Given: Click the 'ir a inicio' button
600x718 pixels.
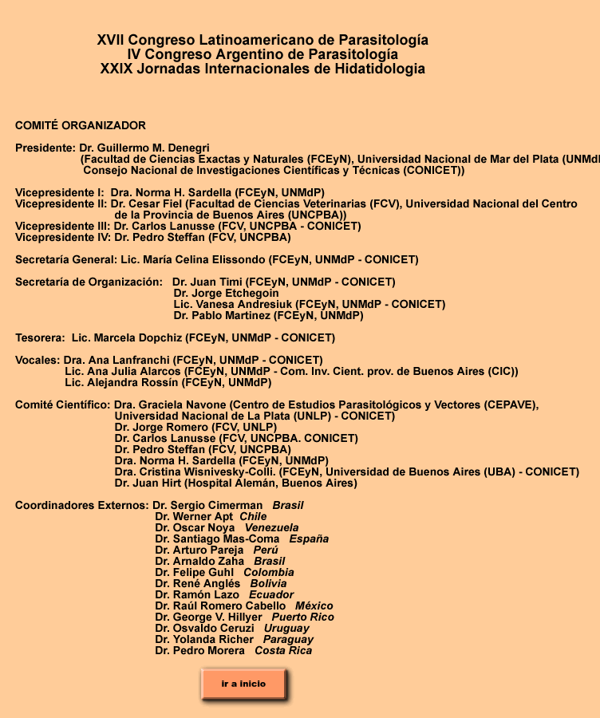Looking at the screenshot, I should pos(243,684).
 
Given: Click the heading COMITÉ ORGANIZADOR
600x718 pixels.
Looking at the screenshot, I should pos(81,125).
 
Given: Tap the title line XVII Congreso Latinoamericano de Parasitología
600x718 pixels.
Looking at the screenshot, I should pos(262,40).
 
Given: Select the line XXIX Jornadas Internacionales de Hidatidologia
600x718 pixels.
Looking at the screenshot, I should pos(262,69).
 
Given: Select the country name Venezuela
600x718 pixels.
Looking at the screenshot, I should pos(271,527).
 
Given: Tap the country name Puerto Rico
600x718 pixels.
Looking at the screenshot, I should pos(302,617).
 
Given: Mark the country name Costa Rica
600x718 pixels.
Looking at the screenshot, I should pos(283,650).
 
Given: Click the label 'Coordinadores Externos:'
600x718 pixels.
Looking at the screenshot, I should pos(81,505).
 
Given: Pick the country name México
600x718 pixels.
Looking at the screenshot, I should pos(314,606).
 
